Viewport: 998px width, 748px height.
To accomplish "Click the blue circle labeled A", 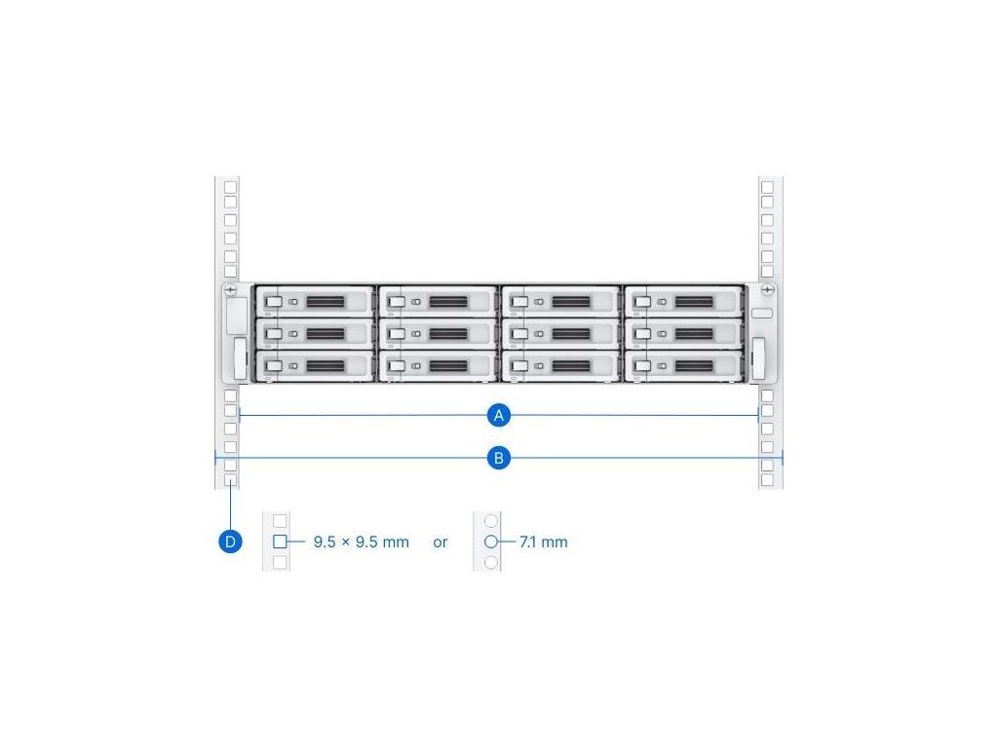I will click(x=499, y=416).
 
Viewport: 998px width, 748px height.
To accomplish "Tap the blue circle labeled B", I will click(x=499, y=457).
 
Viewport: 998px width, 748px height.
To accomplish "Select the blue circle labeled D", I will click(x=230, y=542).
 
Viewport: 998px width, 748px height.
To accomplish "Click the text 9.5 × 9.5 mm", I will click(x=361, y=542).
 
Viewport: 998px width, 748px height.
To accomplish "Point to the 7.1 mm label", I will click(x=544, y=542).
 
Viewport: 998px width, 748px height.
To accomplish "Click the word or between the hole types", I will click(x=441, y=542).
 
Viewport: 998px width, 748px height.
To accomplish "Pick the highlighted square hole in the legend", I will click(x=280, y=542).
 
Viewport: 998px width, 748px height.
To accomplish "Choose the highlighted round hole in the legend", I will click(x=491, y=542).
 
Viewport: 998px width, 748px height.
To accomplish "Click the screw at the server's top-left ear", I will click(x=230, y=290).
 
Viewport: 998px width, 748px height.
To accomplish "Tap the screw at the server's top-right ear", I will click(x=768, y=290).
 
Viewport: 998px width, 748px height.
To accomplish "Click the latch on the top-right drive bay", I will click(x=643, y=303).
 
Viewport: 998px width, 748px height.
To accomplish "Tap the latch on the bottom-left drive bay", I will click(x=274, y=365).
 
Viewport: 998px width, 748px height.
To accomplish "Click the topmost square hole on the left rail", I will click(x=230, y=186).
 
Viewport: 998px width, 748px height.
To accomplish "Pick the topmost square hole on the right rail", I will click(x=767, y=186).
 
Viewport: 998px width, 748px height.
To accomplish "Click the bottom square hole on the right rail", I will click(x=767, y=481).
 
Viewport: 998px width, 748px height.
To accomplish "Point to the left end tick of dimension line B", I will click(x=215, y=457).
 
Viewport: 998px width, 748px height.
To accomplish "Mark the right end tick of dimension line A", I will click(x=759, y=416).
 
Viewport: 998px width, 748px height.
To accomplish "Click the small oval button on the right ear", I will click(x=762, y=315).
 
